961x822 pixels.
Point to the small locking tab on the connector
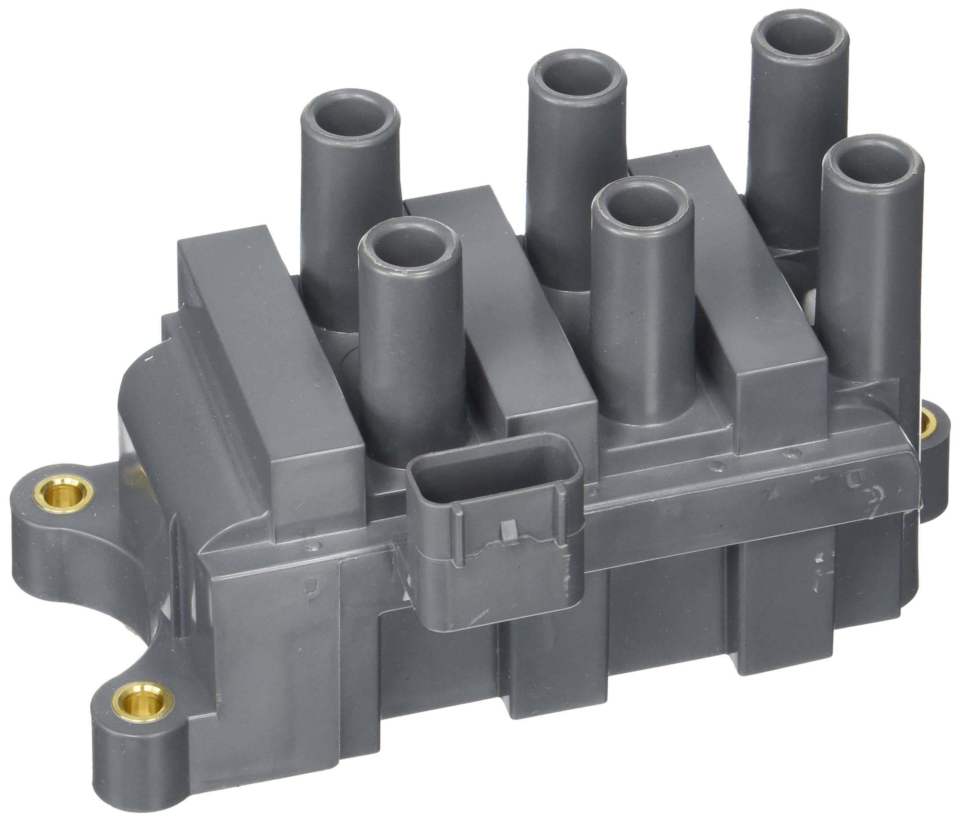[x=509, y=531]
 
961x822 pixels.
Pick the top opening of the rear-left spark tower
[x=351, y=115]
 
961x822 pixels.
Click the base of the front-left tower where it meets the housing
[x=413, y=446]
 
